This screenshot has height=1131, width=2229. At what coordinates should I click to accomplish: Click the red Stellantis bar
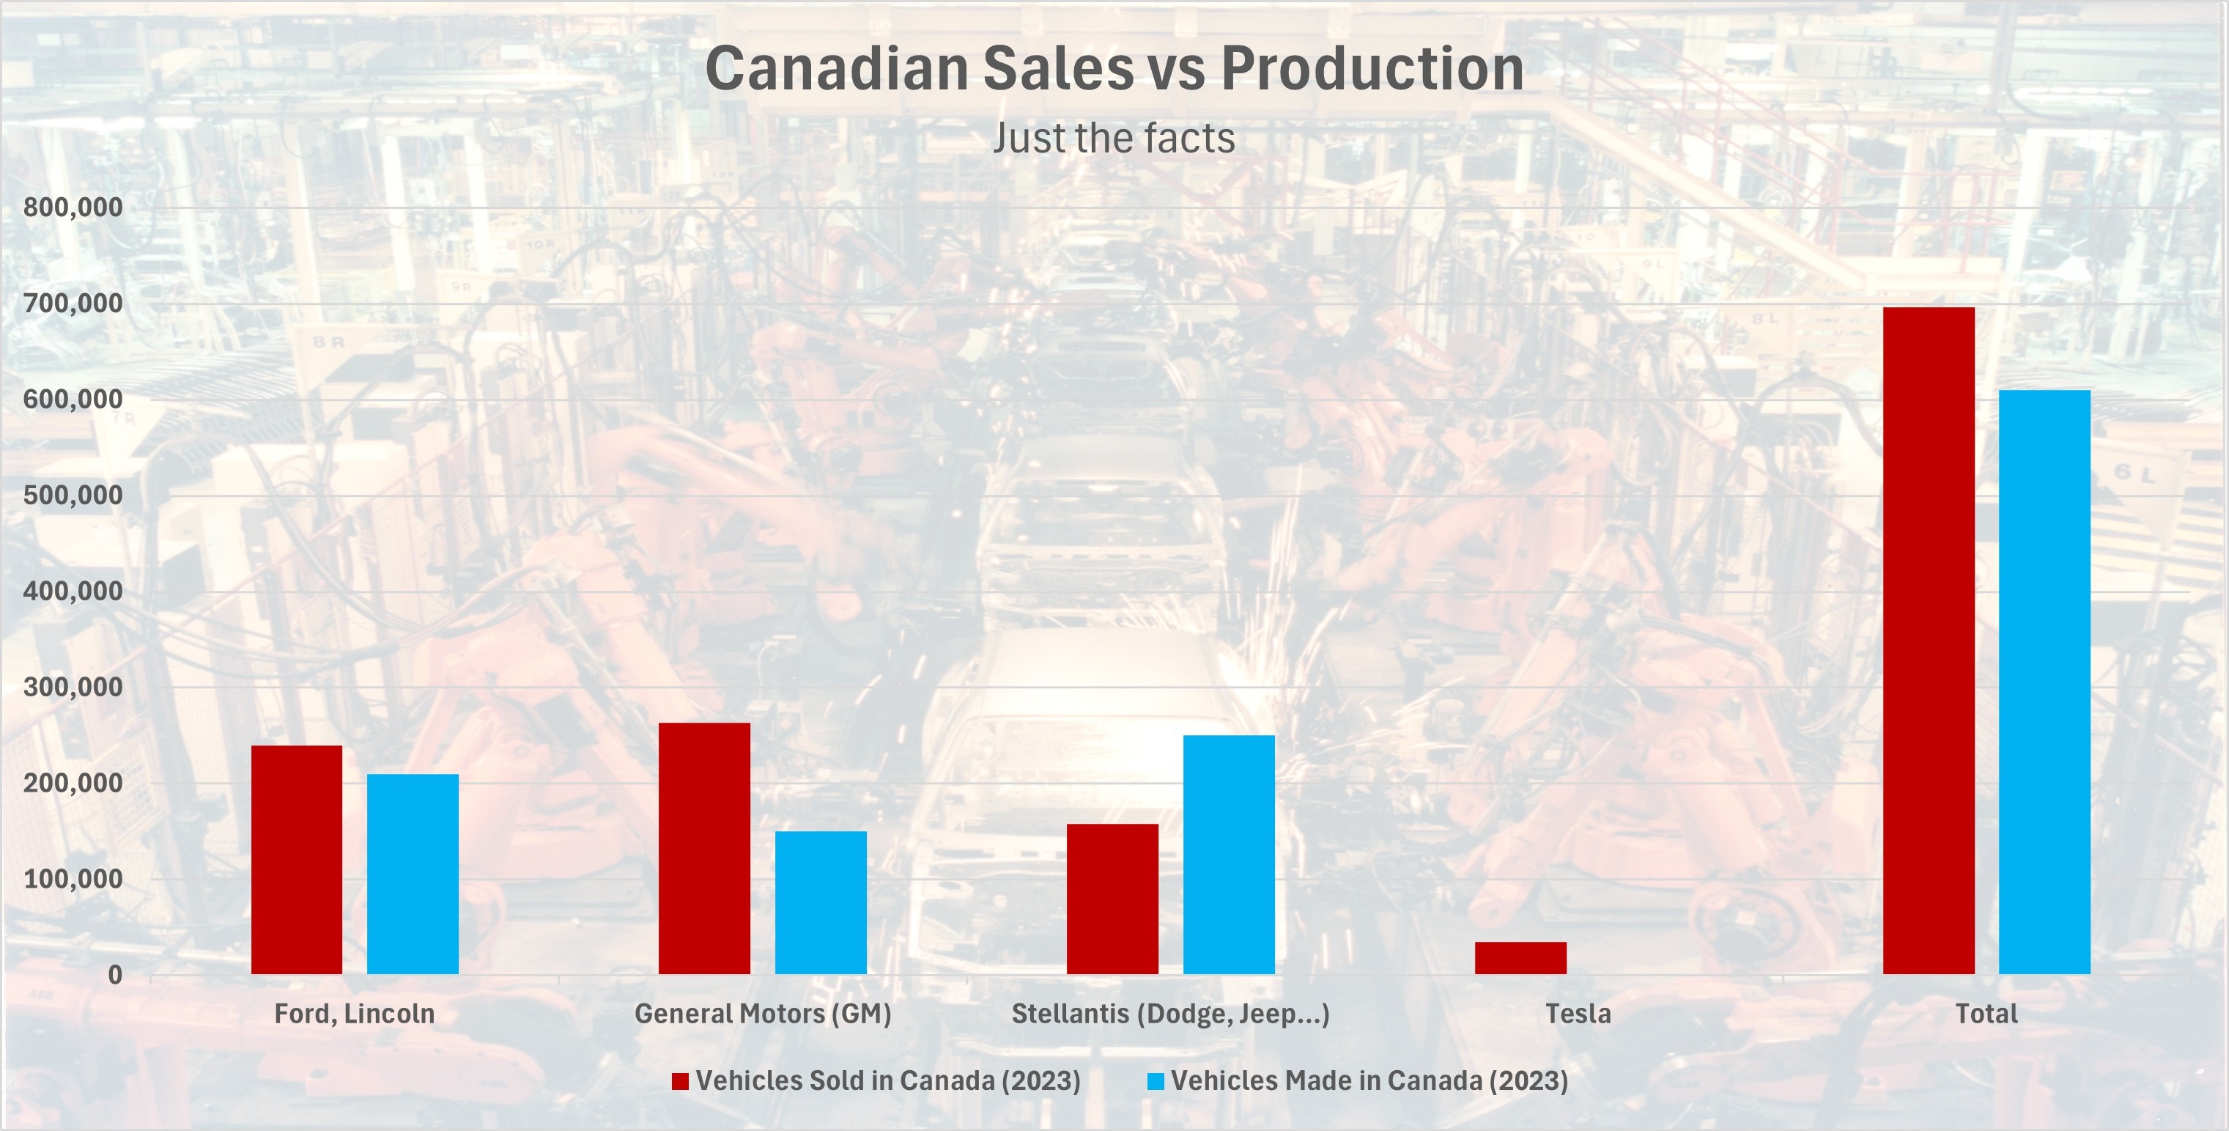click(1112, 899)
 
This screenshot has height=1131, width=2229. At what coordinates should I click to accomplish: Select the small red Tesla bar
click(1520, 958)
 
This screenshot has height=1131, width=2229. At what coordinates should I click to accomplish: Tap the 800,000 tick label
click(73, 207)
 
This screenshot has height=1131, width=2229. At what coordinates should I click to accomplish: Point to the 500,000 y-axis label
click(73, 495)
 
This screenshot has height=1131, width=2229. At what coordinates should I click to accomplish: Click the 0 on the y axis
click(115, 975)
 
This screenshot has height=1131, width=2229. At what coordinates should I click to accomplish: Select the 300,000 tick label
click(73, 688)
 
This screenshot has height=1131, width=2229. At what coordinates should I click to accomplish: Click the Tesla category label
click(1578, 1013)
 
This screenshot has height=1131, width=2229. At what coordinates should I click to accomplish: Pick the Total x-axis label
click(1986, 1013)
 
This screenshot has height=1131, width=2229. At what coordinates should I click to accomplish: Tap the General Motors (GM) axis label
click(762, 1013)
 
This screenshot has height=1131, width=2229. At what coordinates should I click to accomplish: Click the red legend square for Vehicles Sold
click(680, 1081)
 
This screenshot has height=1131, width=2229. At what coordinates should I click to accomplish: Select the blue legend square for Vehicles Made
click(1156, 1081)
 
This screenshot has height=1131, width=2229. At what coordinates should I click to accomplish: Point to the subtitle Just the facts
click(1114, 139)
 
